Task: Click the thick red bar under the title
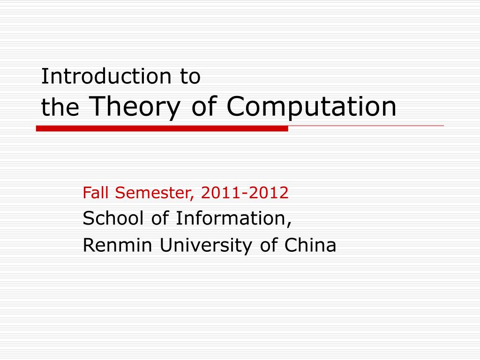click(162, 128)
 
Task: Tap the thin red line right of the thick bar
click(366, 126)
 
